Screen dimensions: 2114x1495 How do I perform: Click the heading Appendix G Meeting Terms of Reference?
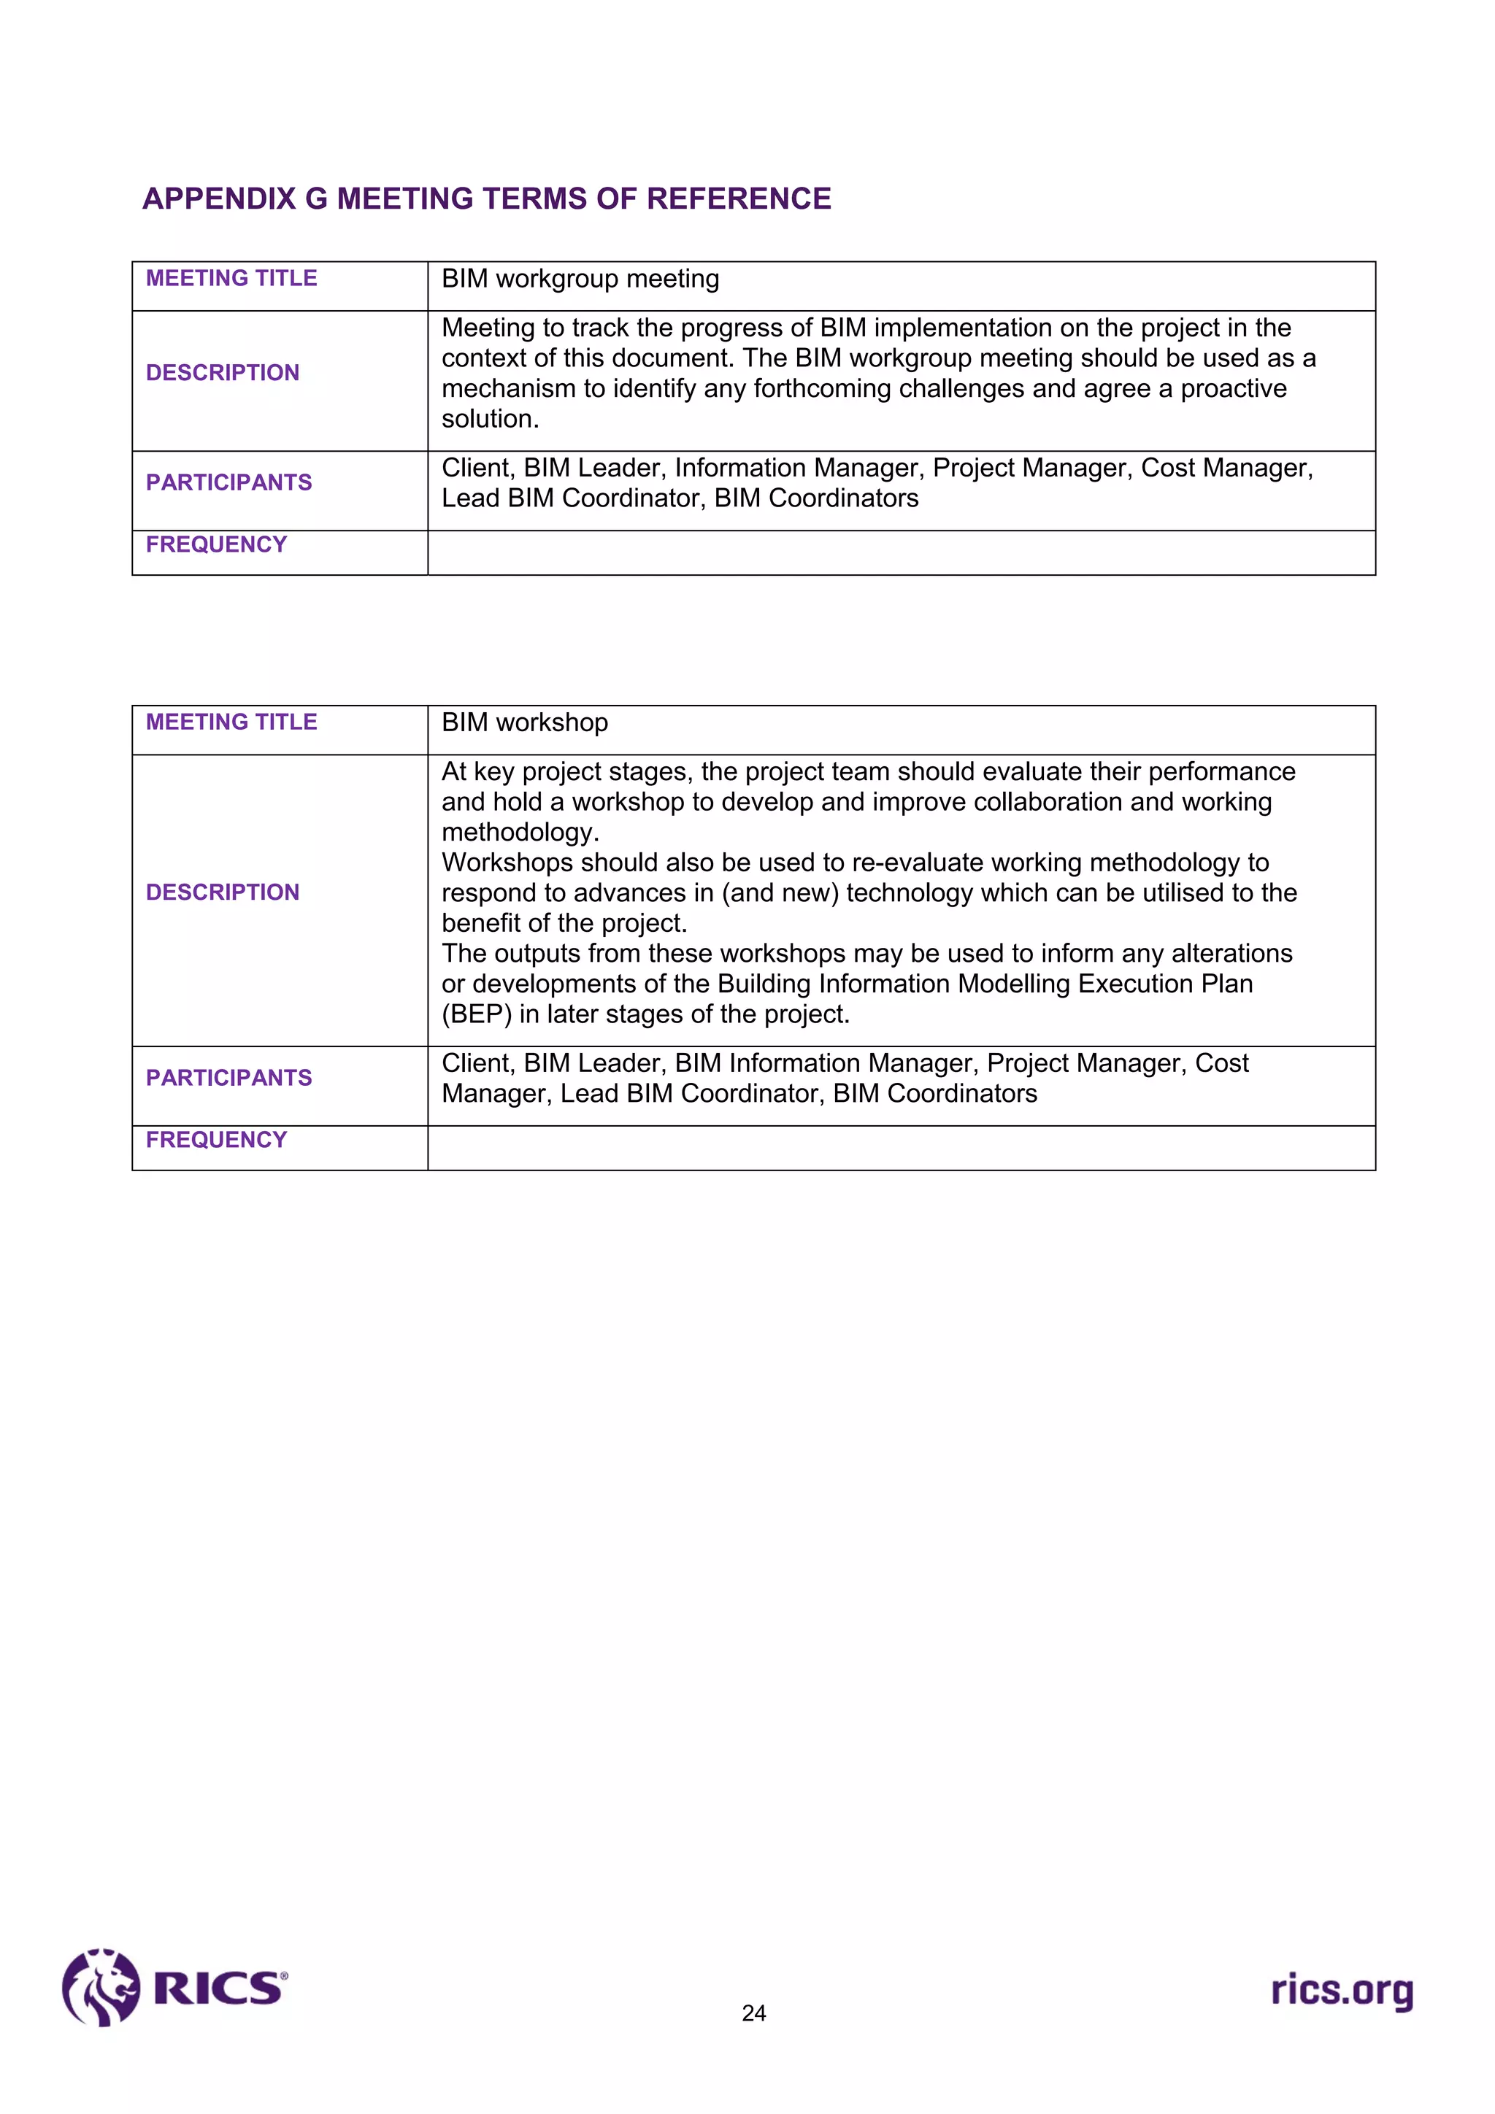[486, 199]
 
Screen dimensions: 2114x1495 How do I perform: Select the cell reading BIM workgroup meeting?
[580, 279]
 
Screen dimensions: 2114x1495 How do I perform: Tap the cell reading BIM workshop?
[525, 722]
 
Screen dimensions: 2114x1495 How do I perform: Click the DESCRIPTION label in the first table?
[223, 373]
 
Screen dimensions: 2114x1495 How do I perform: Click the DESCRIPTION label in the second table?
[223, 892]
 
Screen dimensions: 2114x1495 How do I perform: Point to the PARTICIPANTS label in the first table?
[228, 482]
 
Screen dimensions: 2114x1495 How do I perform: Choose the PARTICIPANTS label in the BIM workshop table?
[228, 1079]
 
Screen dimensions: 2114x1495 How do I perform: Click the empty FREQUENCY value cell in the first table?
[901, 553]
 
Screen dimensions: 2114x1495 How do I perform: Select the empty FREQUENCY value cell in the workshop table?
[901, 1148]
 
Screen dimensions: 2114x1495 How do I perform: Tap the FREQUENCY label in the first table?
[217, 545]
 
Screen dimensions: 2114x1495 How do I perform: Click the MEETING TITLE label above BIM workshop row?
[231, 722]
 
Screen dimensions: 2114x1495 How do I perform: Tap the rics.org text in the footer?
[1342, 1991]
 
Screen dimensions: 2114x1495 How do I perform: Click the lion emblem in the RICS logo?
[101, 1987]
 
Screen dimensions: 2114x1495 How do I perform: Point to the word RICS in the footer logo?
[219, 1988]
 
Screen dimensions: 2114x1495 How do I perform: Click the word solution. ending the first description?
[490, 419]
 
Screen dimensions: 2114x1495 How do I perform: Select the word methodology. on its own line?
[520, 833]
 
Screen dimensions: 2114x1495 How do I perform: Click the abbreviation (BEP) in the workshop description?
[476, 1014]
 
